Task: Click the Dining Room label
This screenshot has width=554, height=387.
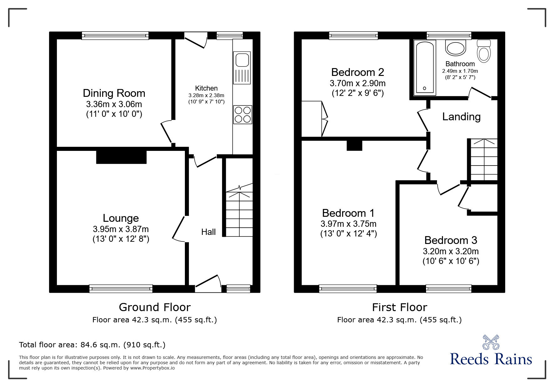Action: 114,93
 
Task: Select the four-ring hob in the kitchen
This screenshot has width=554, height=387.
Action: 242,115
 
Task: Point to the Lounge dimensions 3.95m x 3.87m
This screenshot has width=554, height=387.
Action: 121,229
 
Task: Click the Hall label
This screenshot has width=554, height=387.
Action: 208,232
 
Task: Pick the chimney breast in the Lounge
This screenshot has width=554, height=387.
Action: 121,157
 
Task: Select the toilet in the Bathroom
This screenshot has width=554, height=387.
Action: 484,51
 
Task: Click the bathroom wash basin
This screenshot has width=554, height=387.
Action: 456,48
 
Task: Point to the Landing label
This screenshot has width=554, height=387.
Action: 461,117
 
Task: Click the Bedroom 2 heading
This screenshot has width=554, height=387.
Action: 358,72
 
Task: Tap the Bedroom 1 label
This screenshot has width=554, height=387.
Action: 348,213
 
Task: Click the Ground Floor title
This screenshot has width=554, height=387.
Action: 155,307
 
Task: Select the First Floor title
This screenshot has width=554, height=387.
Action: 399,307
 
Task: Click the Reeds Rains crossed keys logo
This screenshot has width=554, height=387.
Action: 491,342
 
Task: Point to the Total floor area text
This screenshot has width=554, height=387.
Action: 92,345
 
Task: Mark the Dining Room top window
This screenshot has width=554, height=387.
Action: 115,36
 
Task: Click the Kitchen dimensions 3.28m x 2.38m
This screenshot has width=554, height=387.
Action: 206,95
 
